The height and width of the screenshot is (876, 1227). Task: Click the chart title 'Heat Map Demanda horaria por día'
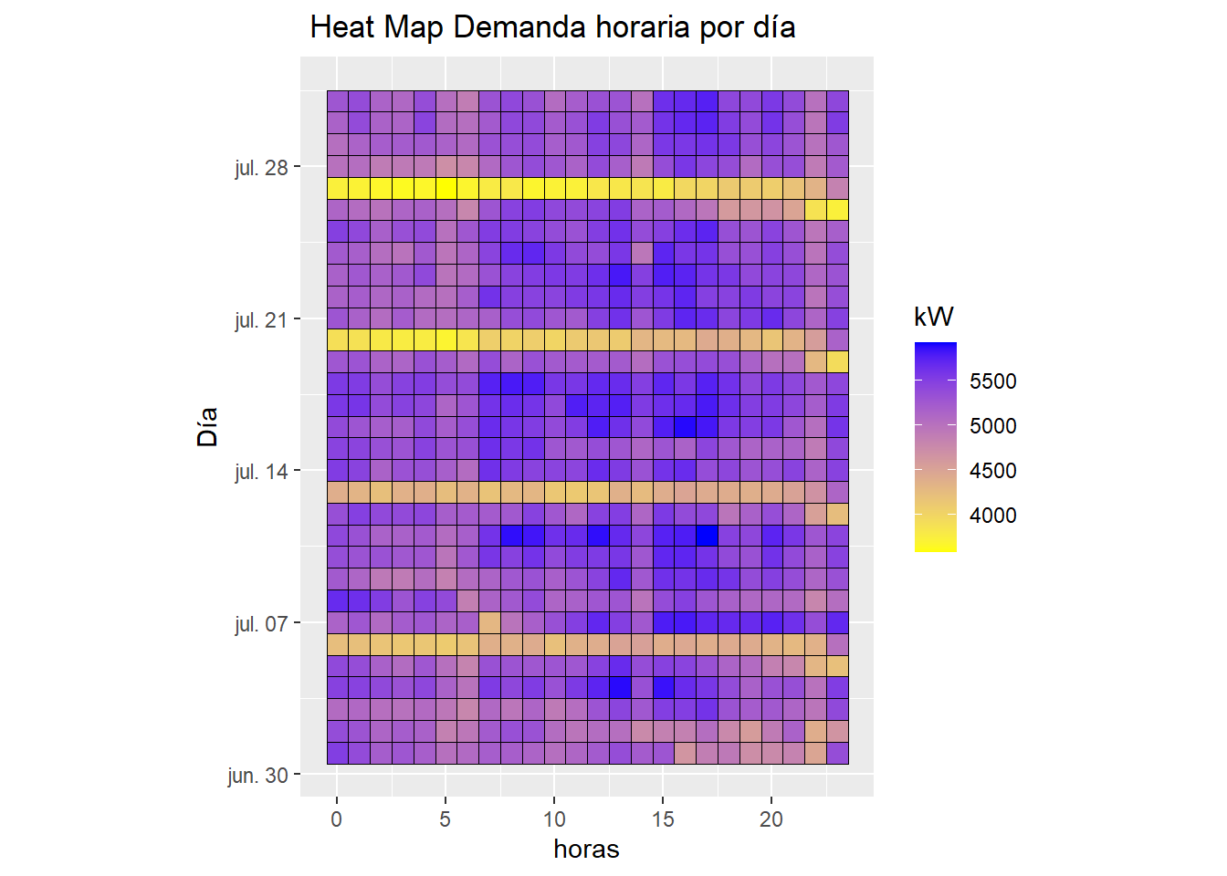click(552, 27)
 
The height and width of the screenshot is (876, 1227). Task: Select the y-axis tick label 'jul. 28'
click(261, 168)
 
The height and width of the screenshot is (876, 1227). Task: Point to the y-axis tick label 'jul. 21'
click(261, 320)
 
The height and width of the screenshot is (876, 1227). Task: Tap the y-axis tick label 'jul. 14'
click(261, 472)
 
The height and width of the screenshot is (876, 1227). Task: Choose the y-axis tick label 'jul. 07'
click(261, 624)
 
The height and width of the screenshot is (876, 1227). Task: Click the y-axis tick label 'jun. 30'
click(257, 776)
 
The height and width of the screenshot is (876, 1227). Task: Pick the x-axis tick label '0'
click(337, 819)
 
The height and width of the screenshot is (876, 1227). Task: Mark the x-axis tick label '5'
click(446, 819)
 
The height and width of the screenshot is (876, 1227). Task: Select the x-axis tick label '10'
click(554, 819)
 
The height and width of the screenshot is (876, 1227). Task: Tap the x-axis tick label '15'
click(663, 819)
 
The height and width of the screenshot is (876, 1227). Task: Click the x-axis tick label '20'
click(771, 819)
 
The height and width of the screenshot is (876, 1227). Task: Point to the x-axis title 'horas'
click(586, 850)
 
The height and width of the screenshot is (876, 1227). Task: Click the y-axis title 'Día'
click(208, 426)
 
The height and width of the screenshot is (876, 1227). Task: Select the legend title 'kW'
click(933, 317)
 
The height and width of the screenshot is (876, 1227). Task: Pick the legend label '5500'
click(992, 381)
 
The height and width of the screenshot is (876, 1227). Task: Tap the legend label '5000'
click(992, 426)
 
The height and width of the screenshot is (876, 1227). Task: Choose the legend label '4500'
click(992, 471)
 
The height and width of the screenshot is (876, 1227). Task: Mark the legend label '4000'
click(992, 516)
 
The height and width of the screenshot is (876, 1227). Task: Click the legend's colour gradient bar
click(935, 447)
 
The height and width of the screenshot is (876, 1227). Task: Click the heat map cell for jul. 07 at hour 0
click(338, 622)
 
